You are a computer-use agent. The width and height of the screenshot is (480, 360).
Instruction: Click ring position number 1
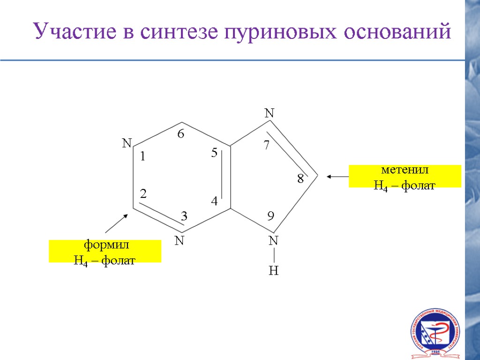(143, 158)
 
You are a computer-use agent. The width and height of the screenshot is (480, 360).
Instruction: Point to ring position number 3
(184, 216)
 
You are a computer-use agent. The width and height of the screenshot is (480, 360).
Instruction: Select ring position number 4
(214, 202)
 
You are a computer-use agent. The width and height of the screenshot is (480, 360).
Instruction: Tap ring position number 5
(214, 153)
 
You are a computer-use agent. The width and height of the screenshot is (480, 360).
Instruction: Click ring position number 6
(180, 134)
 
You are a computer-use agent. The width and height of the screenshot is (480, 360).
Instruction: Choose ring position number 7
(266, 145)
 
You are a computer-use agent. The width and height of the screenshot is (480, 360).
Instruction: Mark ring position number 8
(300, 179)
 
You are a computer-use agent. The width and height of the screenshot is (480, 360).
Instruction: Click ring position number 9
(270, 216)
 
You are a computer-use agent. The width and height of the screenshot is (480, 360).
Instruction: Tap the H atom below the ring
(274, 271)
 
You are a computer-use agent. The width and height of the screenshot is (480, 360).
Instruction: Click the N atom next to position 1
(127, 143)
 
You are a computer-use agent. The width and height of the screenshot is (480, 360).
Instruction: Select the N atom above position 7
(270, 113)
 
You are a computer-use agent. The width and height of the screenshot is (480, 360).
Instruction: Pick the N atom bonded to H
(274, 241)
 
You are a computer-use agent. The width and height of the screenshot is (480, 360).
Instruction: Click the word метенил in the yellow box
(405, 170)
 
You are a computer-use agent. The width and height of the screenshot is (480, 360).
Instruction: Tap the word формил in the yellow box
(105, 245)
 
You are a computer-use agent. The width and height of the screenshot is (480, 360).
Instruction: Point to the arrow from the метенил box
(337, 177)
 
